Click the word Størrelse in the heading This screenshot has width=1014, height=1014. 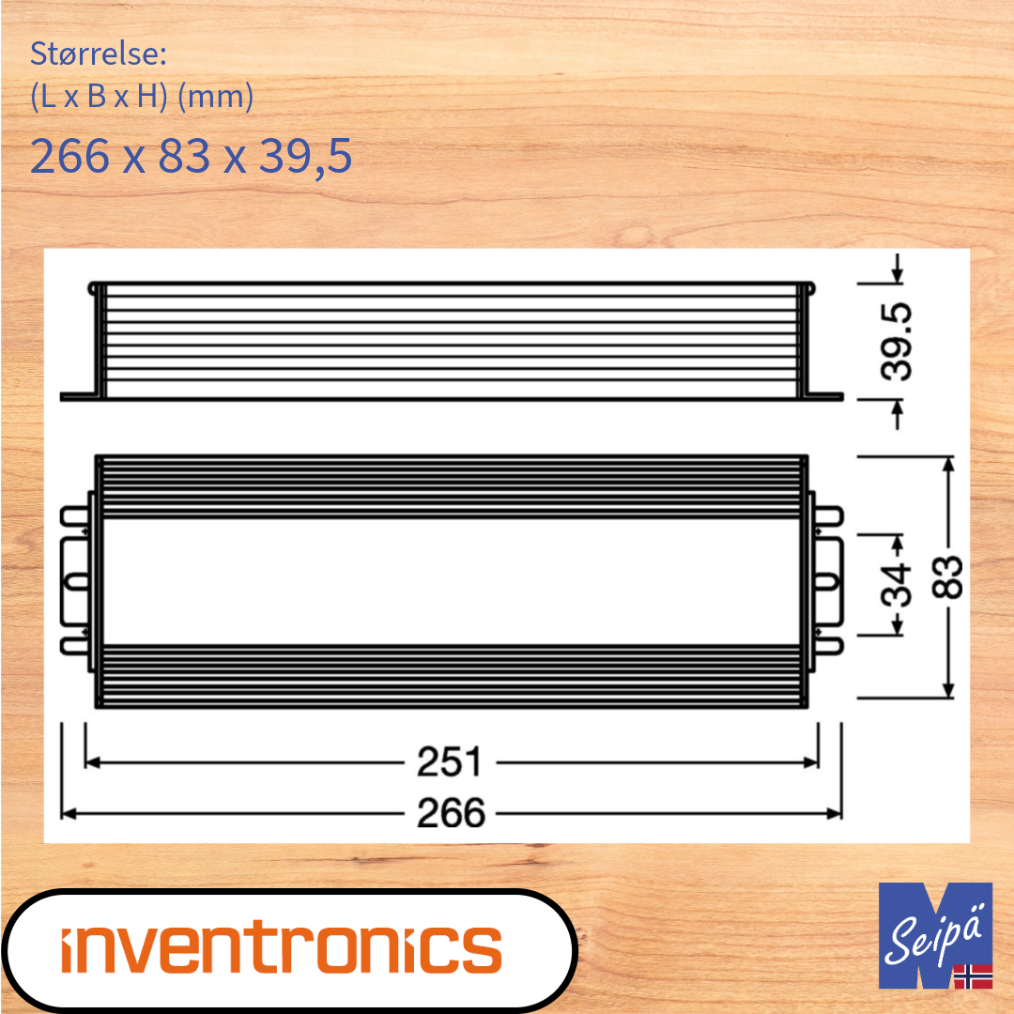[98, 54]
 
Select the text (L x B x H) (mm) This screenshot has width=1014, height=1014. [142, 97]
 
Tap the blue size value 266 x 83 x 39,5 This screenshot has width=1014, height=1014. [192, 156]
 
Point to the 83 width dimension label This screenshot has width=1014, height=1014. [949, 577]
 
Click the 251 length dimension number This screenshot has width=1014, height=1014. [450, 763]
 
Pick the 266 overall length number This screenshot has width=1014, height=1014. [452, 813]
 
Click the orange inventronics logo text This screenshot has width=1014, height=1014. [282, 948]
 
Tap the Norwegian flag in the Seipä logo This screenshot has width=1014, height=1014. [973, 976]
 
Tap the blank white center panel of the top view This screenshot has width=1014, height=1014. [451, 582]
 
